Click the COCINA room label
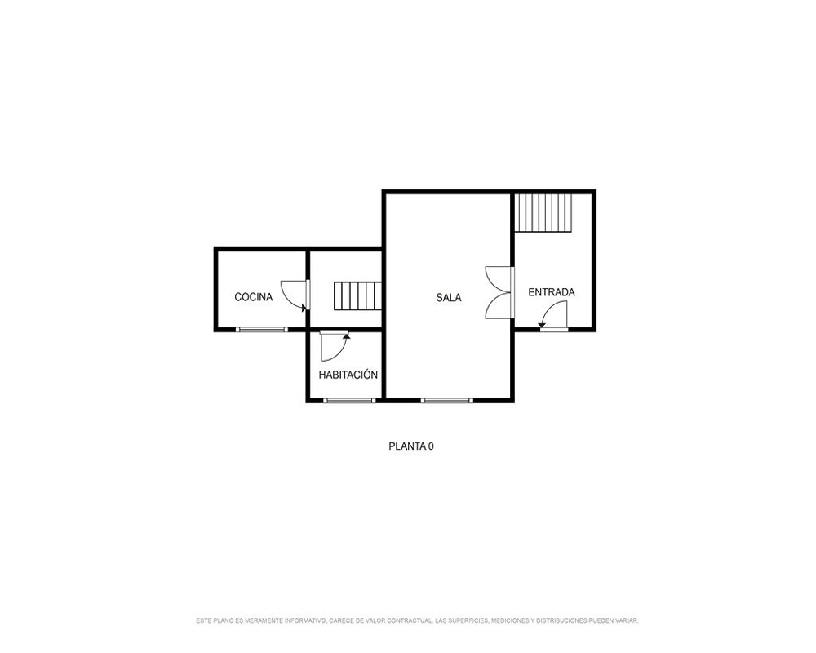pyautogui.click(x=254, y=297)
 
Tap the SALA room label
pyautogui.click(x=449, y=297)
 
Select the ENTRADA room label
pyautogui.click(x=552, y=292)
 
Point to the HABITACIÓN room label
pyautogui.click(x=348, y=375)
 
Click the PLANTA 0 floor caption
pyautogui.click(x=411, y=446)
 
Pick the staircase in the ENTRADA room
pyautogui.click(x=543, y=212)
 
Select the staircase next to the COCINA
pyautogui.click(x=357, y=295)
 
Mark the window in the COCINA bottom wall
pyautogui.click(x=262, y=329)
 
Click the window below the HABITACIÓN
pyautogui.click(x=350, y=401)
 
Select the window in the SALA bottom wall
pyautogui.click(x=447, y=401)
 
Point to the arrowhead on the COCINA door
pyautogui.click(x=304, y=308)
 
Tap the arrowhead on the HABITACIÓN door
pyautogui.click(x=347, y=335)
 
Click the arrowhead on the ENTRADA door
pyautogui.click(x=542, y=326)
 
